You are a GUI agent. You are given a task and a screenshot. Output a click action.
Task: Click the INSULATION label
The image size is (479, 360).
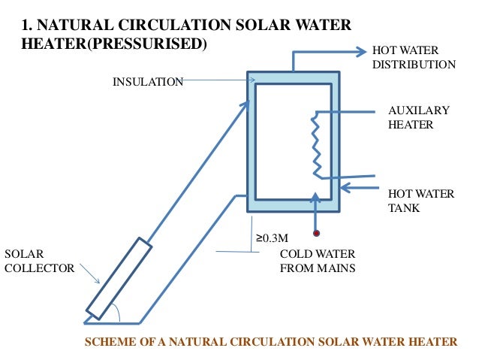click(x=147, y=81)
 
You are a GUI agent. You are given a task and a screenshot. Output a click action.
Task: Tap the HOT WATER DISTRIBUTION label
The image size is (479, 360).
click(x=413, y=57)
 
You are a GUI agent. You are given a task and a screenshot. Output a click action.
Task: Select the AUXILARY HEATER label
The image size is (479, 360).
click(x=417, y=117)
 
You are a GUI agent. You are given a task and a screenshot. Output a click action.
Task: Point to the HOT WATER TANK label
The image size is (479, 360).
click(x=420, y=201)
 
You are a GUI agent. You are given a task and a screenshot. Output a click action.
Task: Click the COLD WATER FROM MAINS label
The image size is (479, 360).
click(x=317, y=260)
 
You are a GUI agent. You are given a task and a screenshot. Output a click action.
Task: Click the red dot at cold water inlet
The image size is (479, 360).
click(x=317, y=233)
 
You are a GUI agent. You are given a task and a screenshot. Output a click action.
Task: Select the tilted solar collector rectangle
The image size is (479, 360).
click(x=119, y=278)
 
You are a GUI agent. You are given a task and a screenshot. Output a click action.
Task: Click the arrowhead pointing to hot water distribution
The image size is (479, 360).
click(x=359, y=51)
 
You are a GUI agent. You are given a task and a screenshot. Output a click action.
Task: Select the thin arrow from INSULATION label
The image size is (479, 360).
click(x=218, y=80)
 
